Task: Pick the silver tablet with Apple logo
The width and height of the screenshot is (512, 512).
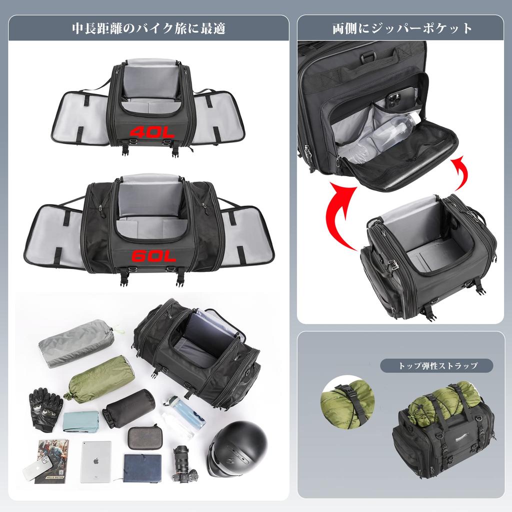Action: coord(96,461)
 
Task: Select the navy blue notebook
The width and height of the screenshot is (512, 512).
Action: coord(142,467)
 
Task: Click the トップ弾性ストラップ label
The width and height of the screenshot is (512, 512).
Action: coord(436,365)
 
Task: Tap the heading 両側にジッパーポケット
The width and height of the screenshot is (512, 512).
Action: coord(402,28)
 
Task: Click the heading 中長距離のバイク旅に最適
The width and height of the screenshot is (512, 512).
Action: coord(148,28)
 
